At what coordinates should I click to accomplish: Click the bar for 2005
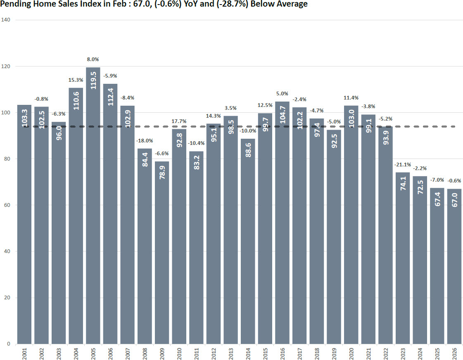tap(93, 206)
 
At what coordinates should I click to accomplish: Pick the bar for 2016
tap(282, 223)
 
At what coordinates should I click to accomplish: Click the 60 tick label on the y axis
tap(7, 205)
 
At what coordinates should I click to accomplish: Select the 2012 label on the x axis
tap(214, 353)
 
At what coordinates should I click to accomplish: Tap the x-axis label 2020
tap(351, 353)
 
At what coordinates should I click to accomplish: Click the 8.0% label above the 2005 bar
tap(93, 59)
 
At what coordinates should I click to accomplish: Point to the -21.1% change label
tap(402, 165)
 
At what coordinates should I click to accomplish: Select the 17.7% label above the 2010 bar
tap(179, 121)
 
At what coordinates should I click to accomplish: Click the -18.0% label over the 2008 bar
tap(145, 141)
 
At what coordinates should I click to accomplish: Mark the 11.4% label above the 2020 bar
tap(351, 98)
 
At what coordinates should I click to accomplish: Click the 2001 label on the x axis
tap(24, 353)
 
